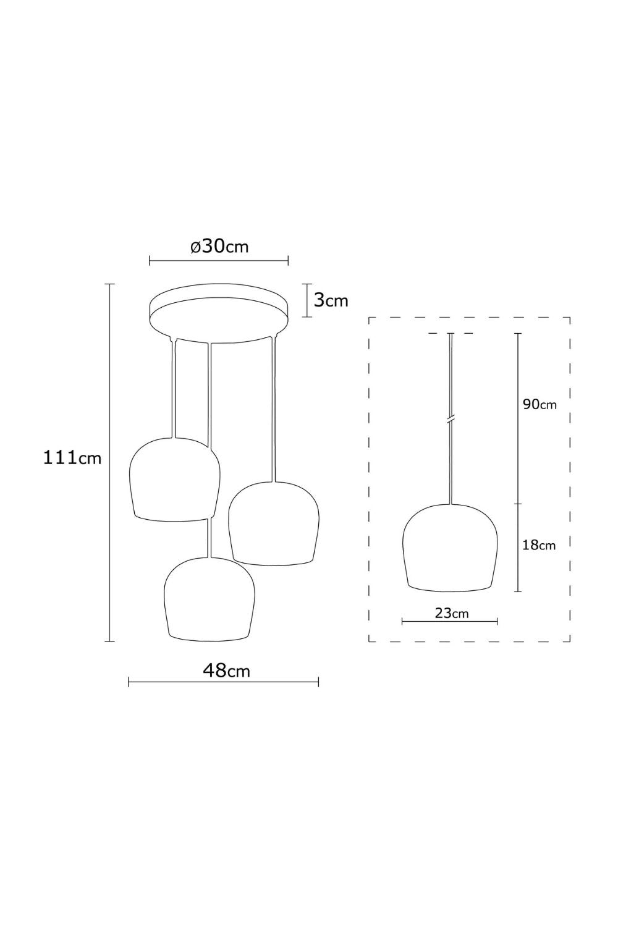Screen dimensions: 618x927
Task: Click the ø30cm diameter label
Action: [219, 247]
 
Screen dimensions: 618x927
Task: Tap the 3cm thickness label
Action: [331, 300]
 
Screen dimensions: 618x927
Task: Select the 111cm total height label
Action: [72, 458]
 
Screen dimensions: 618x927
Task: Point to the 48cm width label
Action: [226, 671]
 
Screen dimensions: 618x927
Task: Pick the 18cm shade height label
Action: [539, 546]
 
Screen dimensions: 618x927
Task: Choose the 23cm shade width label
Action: [452, 612]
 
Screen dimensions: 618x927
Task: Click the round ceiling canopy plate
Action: [219, 313]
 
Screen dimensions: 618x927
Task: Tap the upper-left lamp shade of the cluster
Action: [174, 479]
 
